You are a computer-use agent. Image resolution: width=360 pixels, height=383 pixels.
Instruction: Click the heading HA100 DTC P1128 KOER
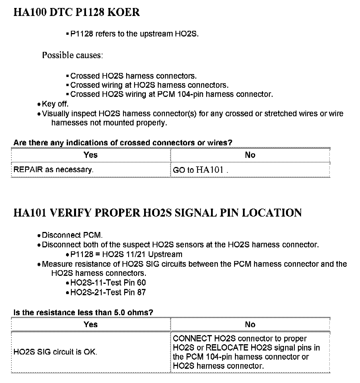coord(77,12)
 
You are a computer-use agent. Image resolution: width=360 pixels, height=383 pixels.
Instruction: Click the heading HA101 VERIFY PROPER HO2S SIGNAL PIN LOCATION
coord(157,213)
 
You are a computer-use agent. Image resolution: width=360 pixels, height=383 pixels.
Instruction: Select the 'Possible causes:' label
coord(72,55)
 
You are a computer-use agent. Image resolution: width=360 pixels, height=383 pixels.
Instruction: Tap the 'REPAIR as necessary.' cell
coord(54,170)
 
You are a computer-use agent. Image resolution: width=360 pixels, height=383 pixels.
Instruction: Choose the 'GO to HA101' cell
coord(201,170)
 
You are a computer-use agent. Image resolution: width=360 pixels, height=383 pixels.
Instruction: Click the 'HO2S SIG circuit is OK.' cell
coord(55,352)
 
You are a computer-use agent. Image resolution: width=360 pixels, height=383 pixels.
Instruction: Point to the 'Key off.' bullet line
coord(55,104)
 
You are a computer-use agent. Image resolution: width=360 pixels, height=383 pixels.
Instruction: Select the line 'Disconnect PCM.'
coord(72,235)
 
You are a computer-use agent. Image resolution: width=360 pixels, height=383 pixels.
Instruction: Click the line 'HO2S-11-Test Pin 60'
coord(108,283)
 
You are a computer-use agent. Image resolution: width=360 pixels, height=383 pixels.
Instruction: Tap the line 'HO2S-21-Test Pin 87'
coord(108,292)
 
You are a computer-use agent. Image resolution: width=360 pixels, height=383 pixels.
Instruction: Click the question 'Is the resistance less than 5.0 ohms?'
coord(83,312)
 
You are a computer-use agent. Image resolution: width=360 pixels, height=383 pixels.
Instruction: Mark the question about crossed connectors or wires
coord(123,142)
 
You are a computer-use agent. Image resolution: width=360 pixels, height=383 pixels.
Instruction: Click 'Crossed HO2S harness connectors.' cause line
coord(133,76)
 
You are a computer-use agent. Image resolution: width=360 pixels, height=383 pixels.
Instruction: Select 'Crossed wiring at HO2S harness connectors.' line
coord(149,85)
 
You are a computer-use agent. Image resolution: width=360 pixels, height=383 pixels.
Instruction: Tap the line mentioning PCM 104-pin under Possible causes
coord(171,94)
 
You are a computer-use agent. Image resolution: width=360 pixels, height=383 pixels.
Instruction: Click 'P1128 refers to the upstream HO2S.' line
coord(134,34)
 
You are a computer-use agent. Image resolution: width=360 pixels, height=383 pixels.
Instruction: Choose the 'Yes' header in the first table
coord(91,155)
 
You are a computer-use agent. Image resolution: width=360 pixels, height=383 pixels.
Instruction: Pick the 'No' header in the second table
coord(250,324)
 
